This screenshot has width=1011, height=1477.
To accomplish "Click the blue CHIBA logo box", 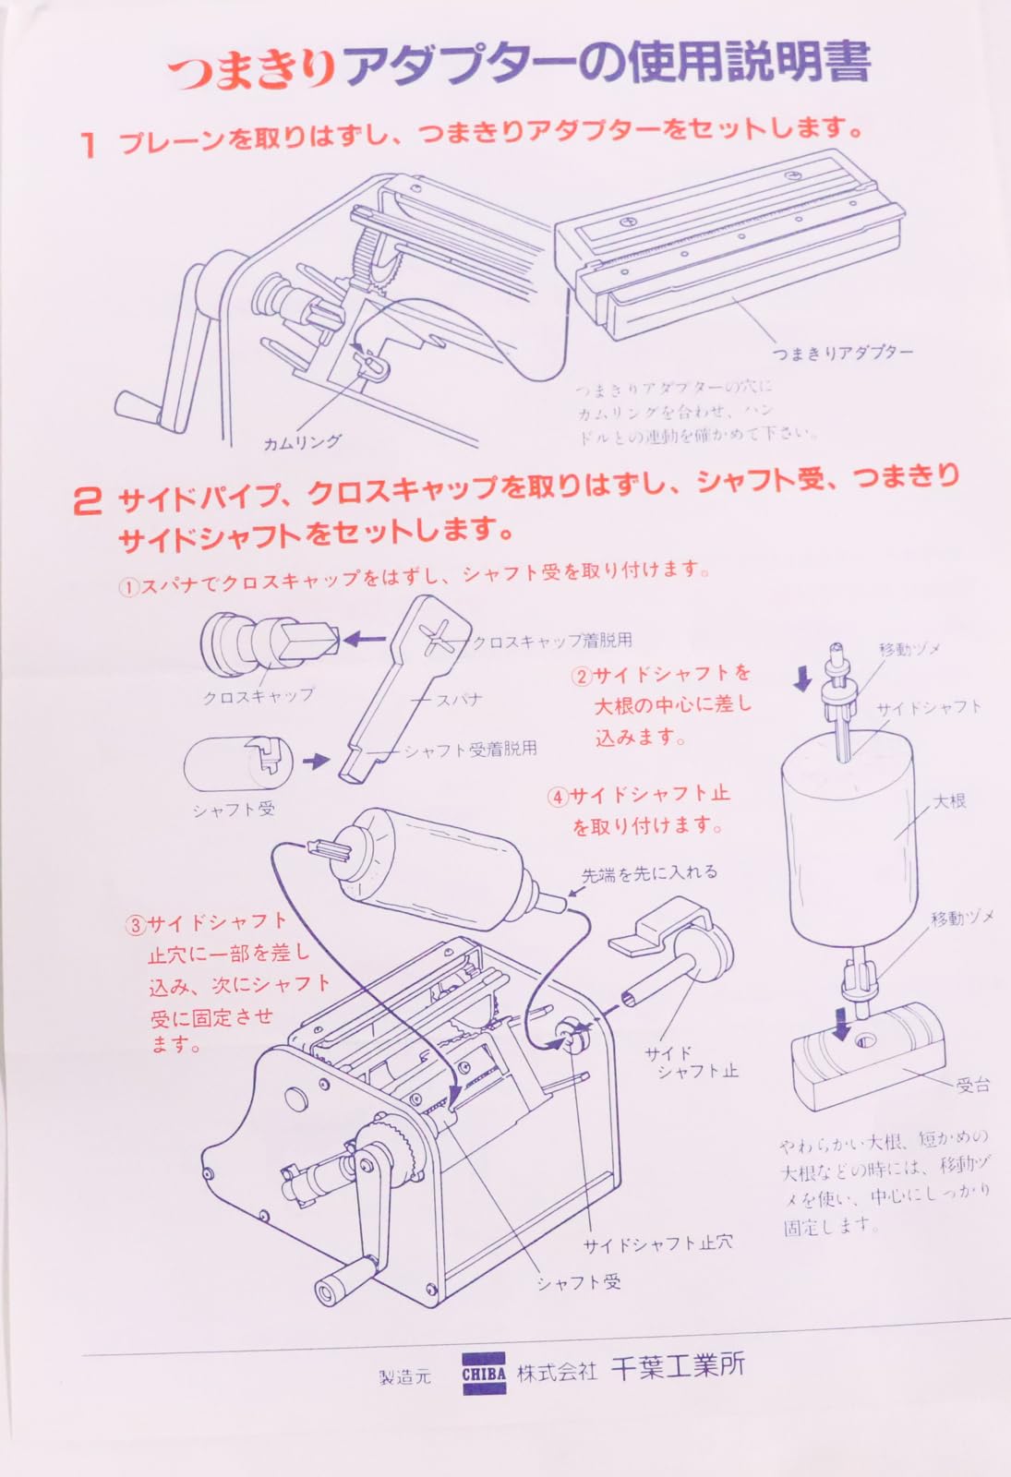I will pyautogui.click(x=484, y=1373).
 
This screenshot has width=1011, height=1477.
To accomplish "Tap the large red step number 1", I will pyautogui.click(x=89, y=145).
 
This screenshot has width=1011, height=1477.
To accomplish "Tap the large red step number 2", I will pyautogui.click(x=87, y=501).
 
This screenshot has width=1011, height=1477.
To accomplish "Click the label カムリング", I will pyautogui.click(x=302, y=442).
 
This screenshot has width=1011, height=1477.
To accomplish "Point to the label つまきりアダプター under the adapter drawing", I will pyautogui.click(x=841, y=353).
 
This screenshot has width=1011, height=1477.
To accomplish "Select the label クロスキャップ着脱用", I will pyautogui.click(x=552, y=641).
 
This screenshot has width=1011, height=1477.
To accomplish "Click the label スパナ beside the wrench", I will pyautogui.click(x=459, y=700).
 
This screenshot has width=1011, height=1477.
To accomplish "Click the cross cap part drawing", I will pyautogui.click(x=268, y=641).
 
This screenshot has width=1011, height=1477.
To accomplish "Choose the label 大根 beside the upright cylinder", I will pyautogui.click(x=949, y=800).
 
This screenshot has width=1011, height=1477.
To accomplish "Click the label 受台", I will pyautogui.click(x=972, y=1085).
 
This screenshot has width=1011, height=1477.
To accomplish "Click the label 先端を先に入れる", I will pyautogui.click(x=649, y=873).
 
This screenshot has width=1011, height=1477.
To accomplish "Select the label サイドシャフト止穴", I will pyautogui.click(x=657, y=1243).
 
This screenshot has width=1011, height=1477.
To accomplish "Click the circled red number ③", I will pyautogui.click(x=136, y=924).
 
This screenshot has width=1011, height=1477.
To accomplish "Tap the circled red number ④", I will pyautogui.click(x=557, y=796).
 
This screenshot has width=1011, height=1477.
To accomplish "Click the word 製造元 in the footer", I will pyautogui.click(x=404, y=1376).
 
